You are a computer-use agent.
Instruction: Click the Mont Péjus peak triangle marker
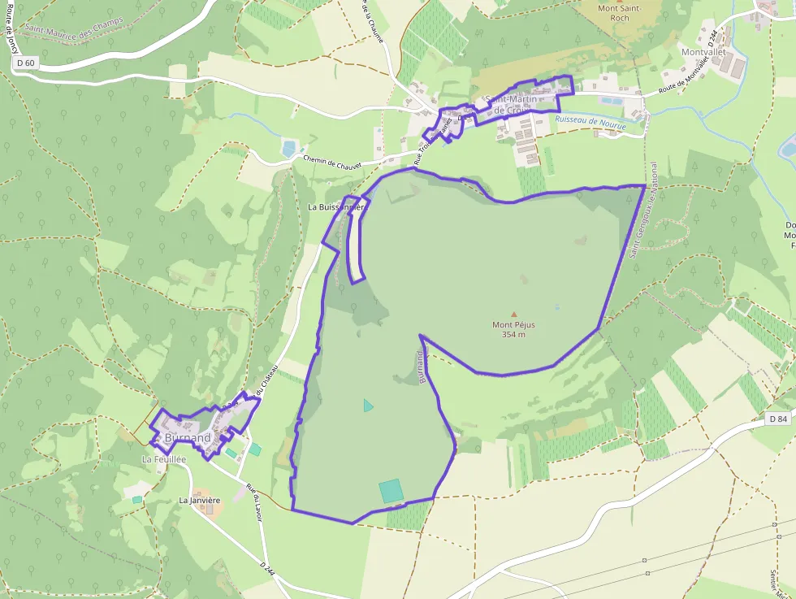tap(513, 315)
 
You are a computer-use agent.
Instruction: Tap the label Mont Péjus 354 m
tap(513, 329)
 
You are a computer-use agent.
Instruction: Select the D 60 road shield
tap(25, 63)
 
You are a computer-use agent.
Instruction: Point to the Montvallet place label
tap(703, 52)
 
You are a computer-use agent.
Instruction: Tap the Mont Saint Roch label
tap(620, 12)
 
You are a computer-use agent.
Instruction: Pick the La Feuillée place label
tap(164, 459)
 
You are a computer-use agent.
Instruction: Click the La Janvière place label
tap(200, 500)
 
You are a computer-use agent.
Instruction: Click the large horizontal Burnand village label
tap(188, 438)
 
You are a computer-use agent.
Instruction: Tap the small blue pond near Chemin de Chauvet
tap(288, 148)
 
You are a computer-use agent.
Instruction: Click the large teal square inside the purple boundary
tap(391, 490)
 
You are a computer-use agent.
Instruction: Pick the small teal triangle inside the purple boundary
tap(368, 405)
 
